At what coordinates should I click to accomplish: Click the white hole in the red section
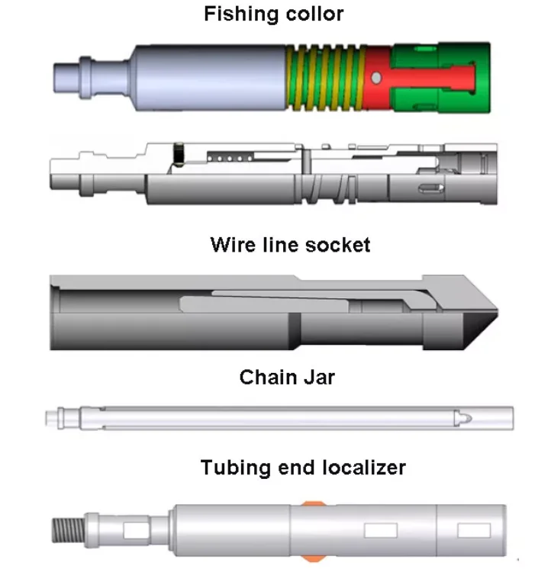(x=375, y=78)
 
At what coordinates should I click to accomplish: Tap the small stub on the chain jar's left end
(x=52, y=418)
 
